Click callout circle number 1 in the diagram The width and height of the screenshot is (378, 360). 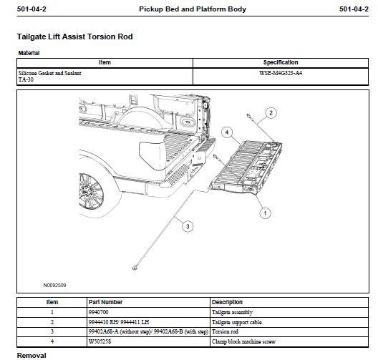(265, 213)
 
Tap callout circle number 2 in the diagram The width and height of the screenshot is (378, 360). (271, 113)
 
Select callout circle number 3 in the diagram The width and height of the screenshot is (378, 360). (188, 226)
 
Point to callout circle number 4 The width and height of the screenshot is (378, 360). (227, 132)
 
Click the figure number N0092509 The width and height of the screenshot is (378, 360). (54, 285)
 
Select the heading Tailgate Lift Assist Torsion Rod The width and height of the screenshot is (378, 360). (74, 37)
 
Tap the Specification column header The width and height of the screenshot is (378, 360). (281, 62)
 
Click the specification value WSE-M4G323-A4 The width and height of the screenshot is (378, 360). (281, 73)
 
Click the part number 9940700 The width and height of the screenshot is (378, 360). (98, 312)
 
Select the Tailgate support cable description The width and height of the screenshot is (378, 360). (237, 322)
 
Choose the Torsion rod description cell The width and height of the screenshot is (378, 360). (225, 332)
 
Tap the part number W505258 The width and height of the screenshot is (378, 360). (100, 341)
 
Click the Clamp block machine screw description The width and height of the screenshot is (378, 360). (243, 341)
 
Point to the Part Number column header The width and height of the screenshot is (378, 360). (105, 302)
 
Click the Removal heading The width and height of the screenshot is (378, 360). (31, 356)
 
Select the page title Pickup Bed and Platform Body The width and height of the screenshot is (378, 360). (193, 9)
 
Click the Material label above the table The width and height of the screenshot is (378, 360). (29, 53)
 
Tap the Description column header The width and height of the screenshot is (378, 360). (227, 302)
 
